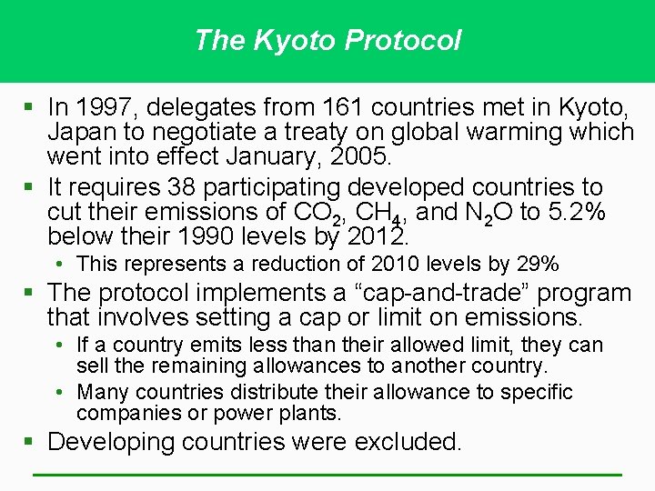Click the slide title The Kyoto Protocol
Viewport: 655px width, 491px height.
tap(327, 40)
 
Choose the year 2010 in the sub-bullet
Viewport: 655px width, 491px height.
tap(376, 265)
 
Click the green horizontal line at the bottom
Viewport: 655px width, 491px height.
tap(327, 475)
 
